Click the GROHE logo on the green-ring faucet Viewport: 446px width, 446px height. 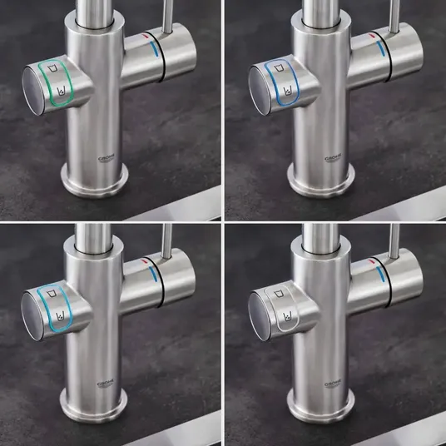(x=107, y=159)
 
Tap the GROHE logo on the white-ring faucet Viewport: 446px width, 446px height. (x=333, y=383)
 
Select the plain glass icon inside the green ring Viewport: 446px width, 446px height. (x=52, y=69)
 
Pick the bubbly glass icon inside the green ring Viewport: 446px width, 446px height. (x=61, y=92)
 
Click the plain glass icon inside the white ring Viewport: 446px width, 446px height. (x=279, y=293)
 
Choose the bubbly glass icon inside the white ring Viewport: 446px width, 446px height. (x=288, y=315)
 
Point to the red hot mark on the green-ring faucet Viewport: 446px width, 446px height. (x=146, y=36)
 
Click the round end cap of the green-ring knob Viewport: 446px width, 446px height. (x=32, y=91)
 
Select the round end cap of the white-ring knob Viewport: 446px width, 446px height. (x=259, y=316)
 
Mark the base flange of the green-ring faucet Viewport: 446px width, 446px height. (x=94, y=181)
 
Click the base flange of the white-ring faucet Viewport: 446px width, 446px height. (x=321, y=406)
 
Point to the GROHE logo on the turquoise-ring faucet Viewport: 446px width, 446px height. (x=106, y=383)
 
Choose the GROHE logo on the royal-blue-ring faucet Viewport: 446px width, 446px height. (x=334, y=159)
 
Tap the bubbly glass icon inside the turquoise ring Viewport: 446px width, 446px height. (x=60, y=316)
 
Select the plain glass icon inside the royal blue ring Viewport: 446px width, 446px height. (x=279, y=68)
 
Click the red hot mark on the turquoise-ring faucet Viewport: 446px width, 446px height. (x=145, y=260)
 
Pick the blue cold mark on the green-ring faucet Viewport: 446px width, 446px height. (x=154, y=48)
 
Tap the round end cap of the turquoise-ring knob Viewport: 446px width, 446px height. (x=32, y=316)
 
